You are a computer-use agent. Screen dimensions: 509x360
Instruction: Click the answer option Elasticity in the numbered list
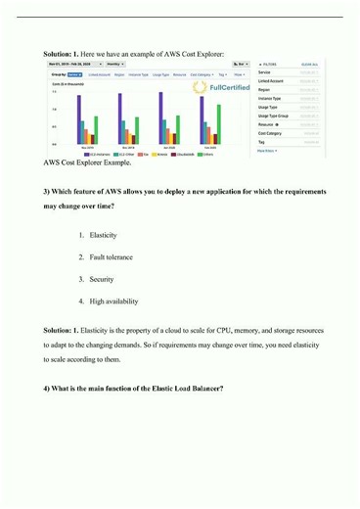pos(104,236)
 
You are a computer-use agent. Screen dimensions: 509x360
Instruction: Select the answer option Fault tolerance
pos(112,257)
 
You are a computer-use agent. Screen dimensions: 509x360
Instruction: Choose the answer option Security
pos(102,279)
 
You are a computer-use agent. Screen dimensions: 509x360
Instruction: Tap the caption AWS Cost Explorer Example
pos(85,162)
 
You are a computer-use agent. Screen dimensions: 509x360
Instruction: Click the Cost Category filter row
pos(270,134)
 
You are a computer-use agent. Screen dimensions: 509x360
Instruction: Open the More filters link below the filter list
pos(266,151)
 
